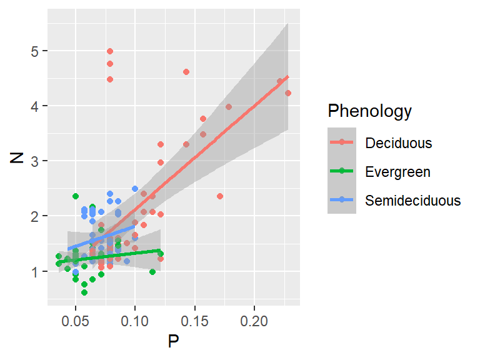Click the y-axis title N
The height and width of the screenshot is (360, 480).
pyautogui.click(x=17, y=156)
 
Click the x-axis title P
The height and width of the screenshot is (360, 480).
pyautogui.click(x=173, y=342)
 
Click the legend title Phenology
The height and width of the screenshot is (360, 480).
pyautogui.click(x=370, y=111)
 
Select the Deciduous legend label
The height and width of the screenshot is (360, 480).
pyautogui.click(x=399, y=143)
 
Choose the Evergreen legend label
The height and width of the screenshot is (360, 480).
pyautogui.click(x=398, y=172)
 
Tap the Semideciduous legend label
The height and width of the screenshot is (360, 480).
pyautogui.click(x=413, y=201)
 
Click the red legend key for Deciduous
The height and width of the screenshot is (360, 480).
pyautogui.click(x=342, y=143)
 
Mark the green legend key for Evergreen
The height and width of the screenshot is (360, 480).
pyautogui.click(x=342, y=172)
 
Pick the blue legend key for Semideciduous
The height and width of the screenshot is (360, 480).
pyautogui.click(x=342, y=201)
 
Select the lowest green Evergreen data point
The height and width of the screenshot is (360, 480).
pyautogui.click(x=84, y=292)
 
